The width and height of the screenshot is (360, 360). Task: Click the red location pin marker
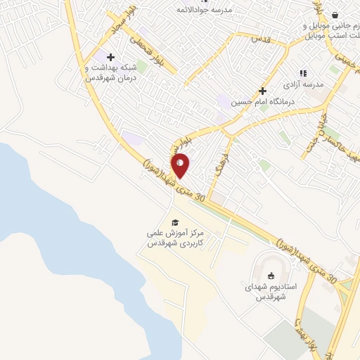pyautogui.click(x=180, y=165)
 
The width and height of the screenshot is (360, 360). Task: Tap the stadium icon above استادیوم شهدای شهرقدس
pyautogui.click(x=273, y=275)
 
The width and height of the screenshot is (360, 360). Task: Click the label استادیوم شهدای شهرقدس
pyautogui.click(x=273, y=292)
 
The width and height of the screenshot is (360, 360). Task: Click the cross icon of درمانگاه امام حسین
pyautogui.click(x=262, y=91)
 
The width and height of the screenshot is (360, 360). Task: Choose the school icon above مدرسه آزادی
pyautogui.click(x=303, y=72)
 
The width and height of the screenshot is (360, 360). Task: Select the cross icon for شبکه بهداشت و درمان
pyautogui.click(x=110, y=56)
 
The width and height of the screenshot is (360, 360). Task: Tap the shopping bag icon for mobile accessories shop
pyautogui.click(x=335, y=15)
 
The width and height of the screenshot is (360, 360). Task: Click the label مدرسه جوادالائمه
pyautogui.click(x=225, y=8)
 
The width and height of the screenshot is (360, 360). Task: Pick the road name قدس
pyautogui.click(x=260, y=40)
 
